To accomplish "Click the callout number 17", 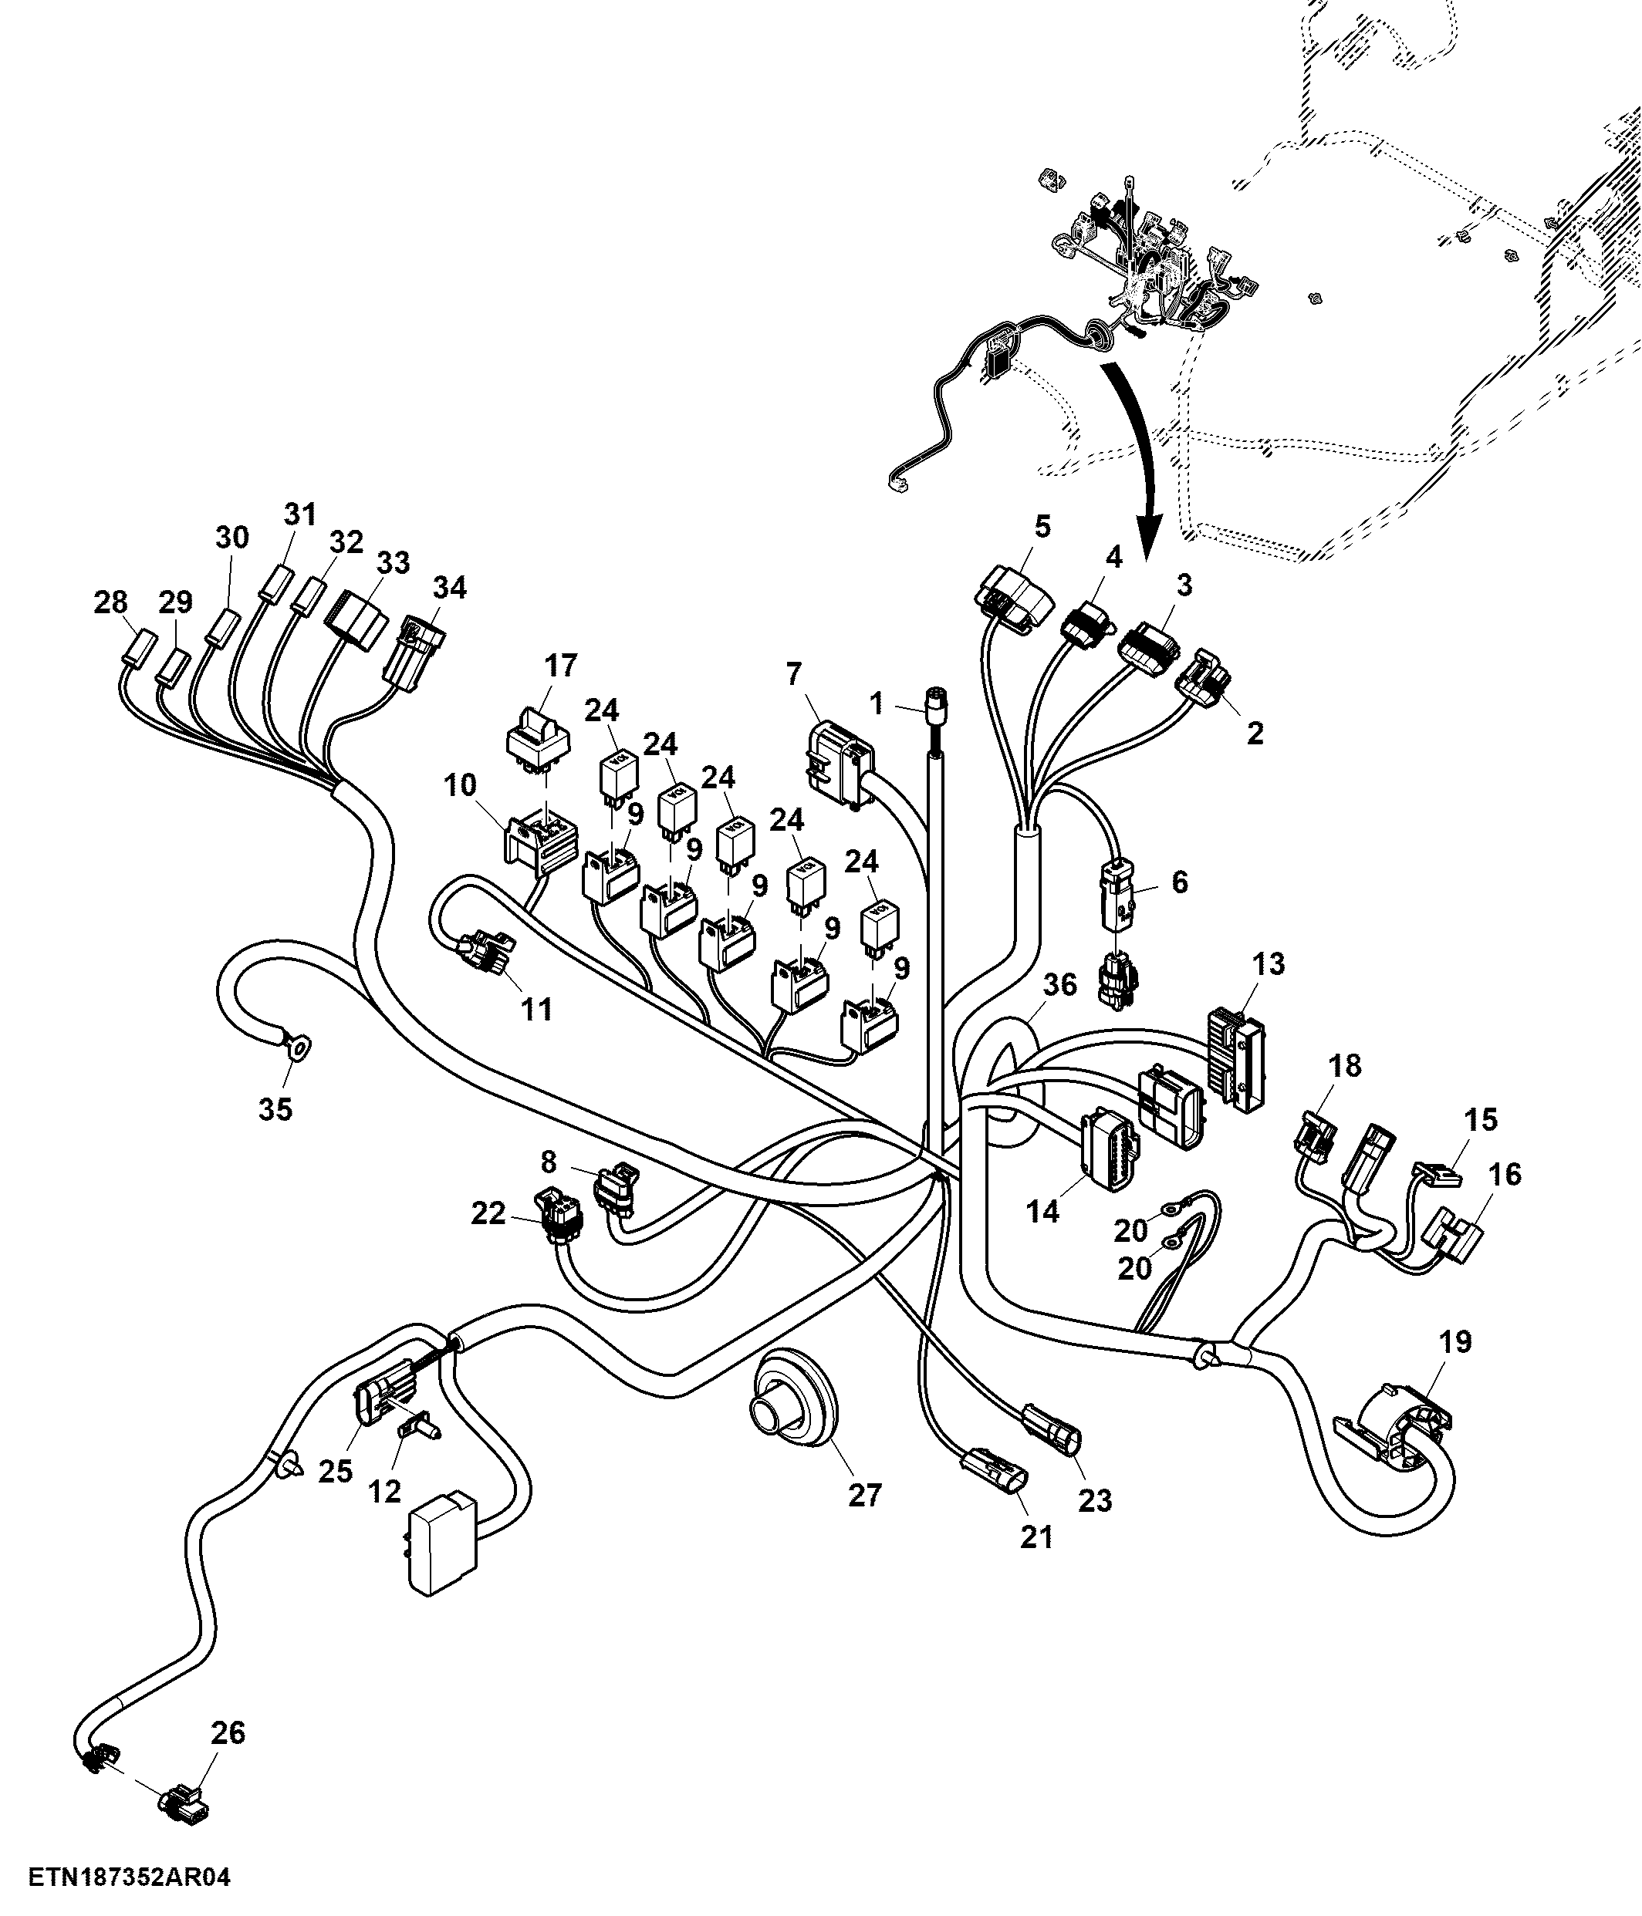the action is coord(561,665).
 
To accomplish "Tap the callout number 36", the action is coord(1060,985).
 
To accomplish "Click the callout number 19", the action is coord(1456,1341).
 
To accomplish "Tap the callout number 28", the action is coord(111,602).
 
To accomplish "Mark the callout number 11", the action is coord(536,1009).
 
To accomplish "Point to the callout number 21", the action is coord(1036,1536).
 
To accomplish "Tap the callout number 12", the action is coord(385,1491).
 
